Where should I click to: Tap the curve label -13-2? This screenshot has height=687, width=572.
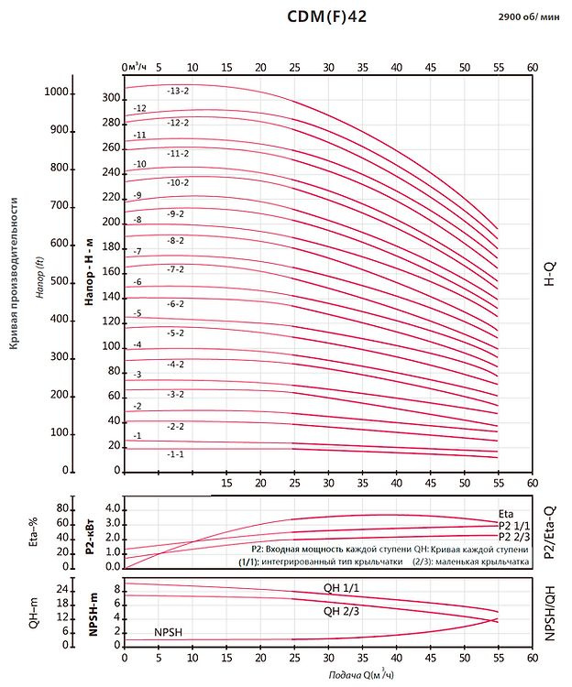pos(178,91)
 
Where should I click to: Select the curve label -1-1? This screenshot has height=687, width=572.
pos(176,454)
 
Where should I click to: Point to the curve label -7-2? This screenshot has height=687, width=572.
pos(176,269)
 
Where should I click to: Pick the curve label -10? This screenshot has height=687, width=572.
pos(140,164)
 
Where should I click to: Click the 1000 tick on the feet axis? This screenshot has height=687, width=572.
pos(58,93)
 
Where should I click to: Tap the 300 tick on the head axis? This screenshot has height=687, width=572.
pos(110,98)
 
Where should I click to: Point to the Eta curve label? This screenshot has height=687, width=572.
pos(507,514)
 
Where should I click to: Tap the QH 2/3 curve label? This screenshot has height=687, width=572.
pos(339,611)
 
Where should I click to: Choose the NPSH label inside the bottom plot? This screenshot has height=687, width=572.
pos(170,633)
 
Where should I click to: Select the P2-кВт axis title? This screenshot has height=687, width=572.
pos(91,534)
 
